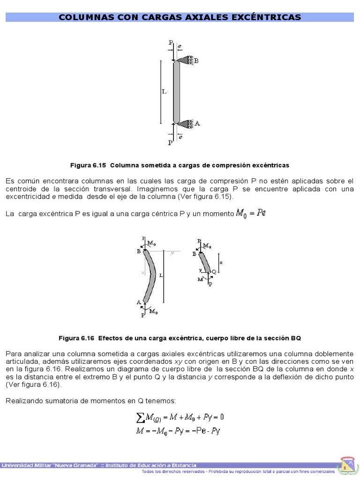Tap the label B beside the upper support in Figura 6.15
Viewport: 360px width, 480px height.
(196, 60)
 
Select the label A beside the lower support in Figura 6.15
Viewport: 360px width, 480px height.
(197, 123)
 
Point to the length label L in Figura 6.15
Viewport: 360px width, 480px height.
(164, 92)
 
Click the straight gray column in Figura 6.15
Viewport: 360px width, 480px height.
(177, 91)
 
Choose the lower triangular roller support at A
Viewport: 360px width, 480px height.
(187, 123)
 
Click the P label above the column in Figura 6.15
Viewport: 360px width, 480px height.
(171, 43)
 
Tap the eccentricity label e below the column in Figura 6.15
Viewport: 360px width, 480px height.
(180, 137)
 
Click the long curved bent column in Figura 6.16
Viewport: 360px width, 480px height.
(150, 277)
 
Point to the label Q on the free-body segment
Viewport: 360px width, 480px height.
(214, 271)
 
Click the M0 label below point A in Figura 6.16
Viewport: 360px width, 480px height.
(153, 310)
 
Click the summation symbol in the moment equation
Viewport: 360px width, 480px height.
(139, 417)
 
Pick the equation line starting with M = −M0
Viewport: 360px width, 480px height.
(178, 431)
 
